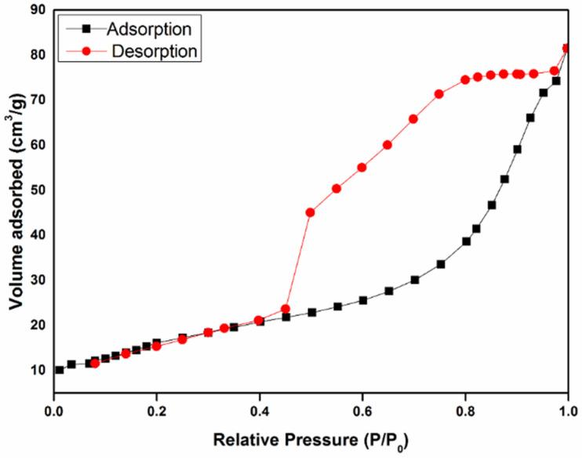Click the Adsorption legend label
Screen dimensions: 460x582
(144, 29)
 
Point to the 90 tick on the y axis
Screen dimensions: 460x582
(37, 9)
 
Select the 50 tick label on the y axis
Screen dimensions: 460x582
(37, 190)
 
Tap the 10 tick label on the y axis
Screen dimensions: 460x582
(37, 370)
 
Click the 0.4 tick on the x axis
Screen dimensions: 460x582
(260, 407)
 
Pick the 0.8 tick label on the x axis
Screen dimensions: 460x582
(465, 407)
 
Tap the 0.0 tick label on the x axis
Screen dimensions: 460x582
(53, 407)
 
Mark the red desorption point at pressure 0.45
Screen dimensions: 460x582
(286, 309)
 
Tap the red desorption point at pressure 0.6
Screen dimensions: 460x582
(362, 167)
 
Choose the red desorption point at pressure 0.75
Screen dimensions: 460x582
(439, 94)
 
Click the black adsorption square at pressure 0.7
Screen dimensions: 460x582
(414, 280)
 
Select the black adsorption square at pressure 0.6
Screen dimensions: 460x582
(362, 300)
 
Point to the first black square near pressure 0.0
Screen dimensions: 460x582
(59, 370)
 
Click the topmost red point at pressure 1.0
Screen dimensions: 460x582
(567, 48)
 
